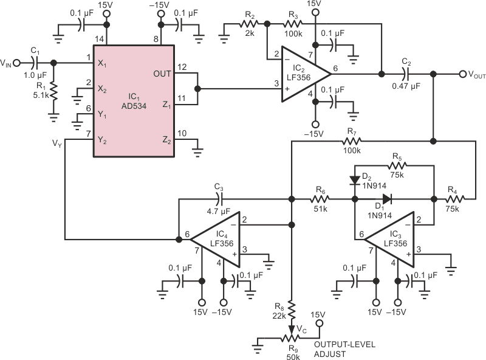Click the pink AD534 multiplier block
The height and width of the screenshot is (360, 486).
(x=134, y=101)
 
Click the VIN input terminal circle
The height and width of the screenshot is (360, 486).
(x=17, y=63)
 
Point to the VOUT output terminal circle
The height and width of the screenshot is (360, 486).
(x=463, y=74)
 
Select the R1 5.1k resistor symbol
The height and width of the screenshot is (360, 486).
(x=53, y=91)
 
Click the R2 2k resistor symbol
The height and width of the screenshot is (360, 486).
(x=249, y=24)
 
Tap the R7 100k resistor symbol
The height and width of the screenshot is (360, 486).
(x=352, y=142)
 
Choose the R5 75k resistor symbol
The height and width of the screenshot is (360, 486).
(x=397, y=166)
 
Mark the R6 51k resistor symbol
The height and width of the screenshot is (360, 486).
(x=320, y=199)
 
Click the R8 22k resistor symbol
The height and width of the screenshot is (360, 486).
(x=292, y=310)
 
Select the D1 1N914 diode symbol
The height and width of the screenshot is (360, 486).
(x=387, y=199)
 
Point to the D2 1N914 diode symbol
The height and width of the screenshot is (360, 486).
(x=355, y=181)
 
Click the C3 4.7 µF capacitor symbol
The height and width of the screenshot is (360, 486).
(x=219, y=199)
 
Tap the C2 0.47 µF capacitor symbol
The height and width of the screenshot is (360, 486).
(x=406, y=74)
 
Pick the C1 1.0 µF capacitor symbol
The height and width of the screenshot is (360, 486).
(x=35, y=63)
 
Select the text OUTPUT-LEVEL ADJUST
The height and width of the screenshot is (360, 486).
(x=344, y=349)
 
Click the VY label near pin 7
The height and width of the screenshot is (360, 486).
(x=57, y=144)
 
